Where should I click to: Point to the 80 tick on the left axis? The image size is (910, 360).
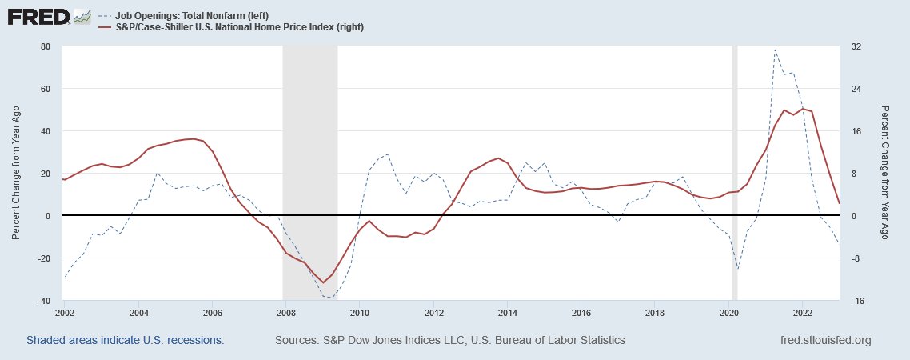(46, 46)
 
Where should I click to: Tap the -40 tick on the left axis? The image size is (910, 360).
(44, 301)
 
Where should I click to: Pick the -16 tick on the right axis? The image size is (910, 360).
(856, 301)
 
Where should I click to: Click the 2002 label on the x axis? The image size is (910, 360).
(65, 312)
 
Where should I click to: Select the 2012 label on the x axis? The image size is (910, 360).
(434, 312)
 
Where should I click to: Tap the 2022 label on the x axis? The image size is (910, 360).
(803, 312)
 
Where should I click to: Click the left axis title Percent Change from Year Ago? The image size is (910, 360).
(16, 173)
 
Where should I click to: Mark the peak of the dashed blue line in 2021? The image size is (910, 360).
(775, 50)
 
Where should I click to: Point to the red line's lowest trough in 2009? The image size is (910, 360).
(323, 282)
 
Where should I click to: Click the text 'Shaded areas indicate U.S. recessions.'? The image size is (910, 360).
(125, 341)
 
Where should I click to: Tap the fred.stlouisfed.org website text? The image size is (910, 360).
(824, 341)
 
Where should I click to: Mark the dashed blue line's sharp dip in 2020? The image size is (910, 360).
(737, 270)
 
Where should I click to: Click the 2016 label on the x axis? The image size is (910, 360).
(581, 312)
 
